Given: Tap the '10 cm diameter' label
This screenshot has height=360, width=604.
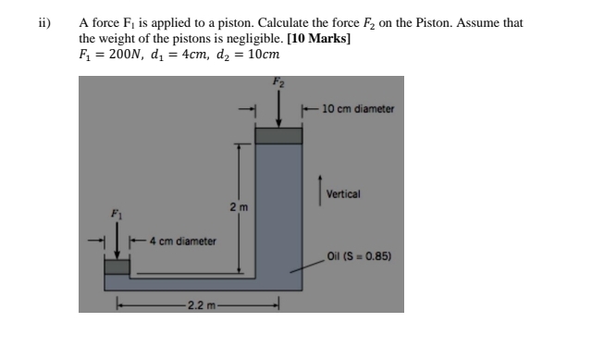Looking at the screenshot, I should click(359, 109).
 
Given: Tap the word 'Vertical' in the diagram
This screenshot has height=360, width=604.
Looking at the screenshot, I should click(343, 194).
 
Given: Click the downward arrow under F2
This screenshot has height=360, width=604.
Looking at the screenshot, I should click(278, 112).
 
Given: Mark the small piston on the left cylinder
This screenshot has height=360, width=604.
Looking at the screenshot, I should click(117, 267).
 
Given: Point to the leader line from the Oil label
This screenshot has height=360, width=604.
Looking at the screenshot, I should click(307, 264).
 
